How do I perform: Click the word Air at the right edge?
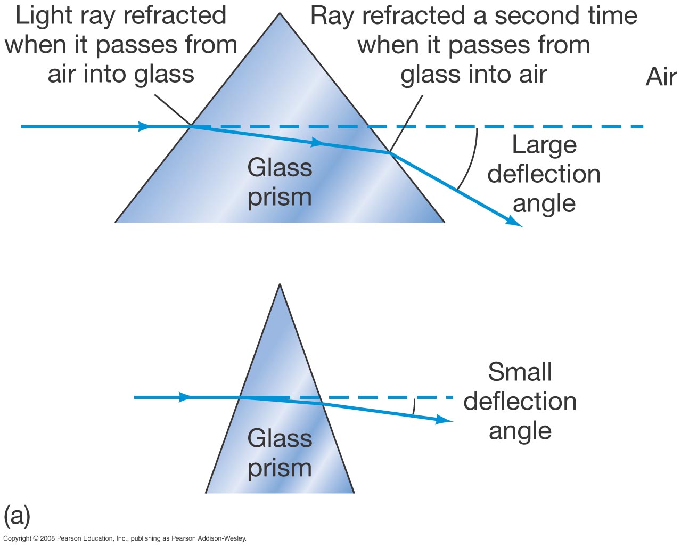point(661,77)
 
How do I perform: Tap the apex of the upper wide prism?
point(280,14)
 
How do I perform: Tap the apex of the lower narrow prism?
point(280,285)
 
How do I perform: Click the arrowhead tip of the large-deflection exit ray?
point(522,226)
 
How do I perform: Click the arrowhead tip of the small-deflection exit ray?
point(452,421)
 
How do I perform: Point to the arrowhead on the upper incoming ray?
point(144,127)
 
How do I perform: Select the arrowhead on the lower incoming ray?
point(185,397)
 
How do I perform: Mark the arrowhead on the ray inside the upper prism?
point(317,143)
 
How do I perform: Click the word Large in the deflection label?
point(544,145)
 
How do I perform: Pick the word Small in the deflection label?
point(520,372)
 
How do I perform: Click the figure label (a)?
point(17,516)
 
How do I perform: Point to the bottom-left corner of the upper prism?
point(116,222)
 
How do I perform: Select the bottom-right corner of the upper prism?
point(444,222)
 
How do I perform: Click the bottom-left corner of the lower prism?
point(207,492)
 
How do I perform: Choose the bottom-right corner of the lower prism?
point(354,492)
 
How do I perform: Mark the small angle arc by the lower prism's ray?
point(414,406)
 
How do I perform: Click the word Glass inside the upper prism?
point(280,168)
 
